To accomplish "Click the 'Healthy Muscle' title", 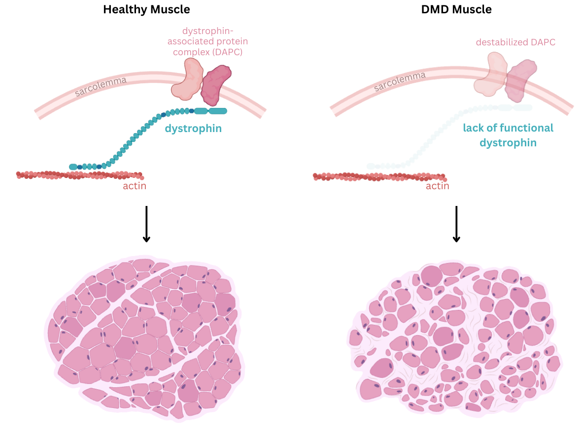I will [x=146, y=9].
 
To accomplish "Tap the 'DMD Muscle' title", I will [x=456, y=9].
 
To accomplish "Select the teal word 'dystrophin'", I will [x=193, y=129].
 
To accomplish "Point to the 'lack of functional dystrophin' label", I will [x=508, y=135].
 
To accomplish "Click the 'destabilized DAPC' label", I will [x=515, y=42].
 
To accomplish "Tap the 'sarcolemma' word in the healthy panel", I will [x=101, y=86].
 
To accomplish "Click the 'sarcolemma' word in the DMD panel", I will [x=399, y=82].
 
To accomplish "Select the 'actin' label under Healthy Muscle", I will [x=135, y=186].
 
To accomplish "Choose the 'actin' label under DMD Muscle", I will [x=438, y=186].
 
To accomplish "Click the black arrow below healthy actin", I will [x=146, y=224].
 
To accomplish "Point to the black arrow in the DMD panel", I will [x=456, y=224].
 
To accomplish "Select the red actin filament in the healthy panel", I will [x=79, y=175].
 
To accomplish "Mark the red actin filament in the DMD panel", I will [x=379, y=176].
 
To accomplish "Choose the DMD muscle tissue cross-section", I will [x=456, y=340].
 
